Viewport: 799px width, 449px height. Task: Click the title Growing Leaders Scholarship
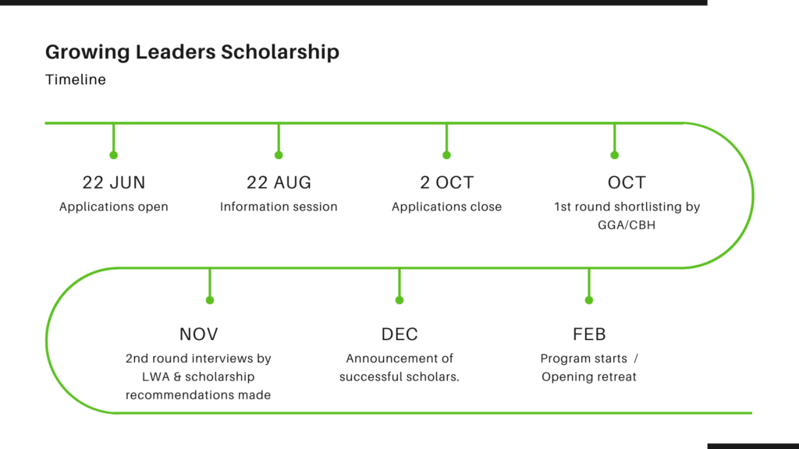coord(192,52)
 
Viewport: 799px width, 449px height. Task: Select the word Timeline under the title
coord(76,80)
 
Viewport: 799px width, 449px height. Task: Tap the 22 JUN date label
coord(114,182)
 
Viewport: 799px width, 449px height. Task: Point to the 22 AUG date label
coord(279,182)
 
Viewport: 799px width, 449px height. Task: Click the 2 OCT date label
coord(447,182)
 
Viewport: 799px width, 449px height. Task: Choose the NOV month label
coord(199,334)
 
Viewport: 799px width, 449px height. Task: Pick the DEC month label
coord(399,334)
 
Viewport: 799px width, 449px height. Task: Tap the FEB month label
coord(589,334)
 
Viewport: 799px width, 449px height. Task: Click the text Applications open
coord(114,207)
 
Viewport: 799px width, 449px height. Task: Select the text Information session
coord(279,207)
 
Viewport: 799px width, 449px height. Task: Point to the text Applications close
coord(446,207)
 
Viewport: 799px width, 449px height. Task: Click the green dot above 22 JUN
coord(114,155)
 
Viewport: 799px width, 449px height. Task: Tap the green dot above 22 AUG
coord(279,155)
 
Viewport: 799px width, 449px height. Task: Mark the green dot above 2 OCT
coord(447,155)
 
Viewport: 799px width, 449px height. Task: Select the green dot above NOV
coord(210,300)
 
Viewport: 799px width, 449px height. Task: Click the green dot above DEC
coord(399,300)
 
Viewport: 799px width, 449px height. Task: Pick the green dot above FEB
coord(589,300)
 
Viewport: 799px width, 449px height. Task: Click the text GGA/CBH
coord(627,225)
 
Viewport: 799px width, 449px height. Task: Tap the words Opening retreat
coord(589,377)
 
